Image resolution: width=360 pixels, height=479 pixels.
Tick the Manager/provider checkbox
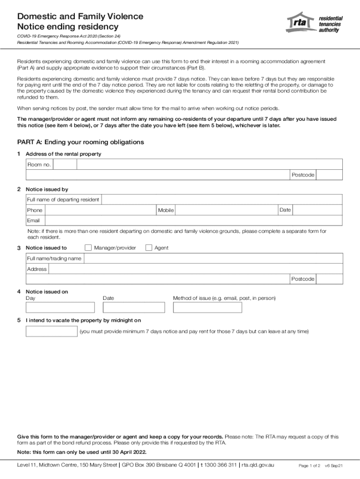tap(88, 247)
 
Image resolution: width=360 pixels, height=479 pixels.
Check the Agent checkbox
tap(149, 247)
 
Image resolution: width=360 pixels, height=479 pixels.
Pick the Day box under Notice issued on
tap(60, 307)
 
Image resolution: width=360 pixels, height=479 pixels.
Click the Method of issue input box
tap(207, 307)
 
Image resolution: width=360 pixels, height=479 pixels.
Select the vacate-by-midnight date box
tap(51, 332)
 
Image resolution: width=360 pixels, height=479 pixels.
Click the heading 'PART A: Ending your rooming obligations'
tap(80, 142)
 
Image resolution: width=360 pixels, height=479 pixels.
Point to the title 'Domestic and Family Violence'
tap(80, 16)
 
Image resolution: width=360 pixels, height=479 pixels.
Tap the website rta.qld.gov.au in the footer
tap(258, 465)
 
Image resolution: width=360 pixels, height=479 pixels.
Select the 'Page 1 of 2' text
tap(309, 466)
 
